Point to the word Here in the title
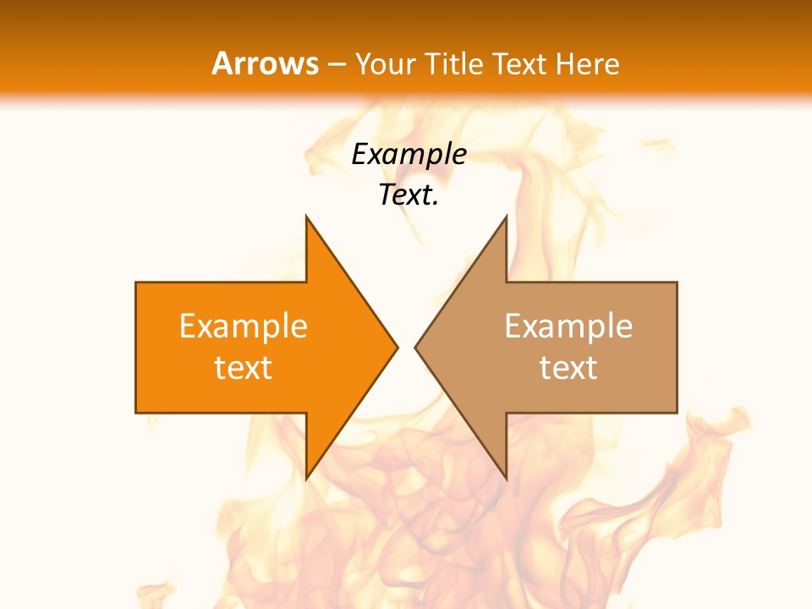(x=589, y=64)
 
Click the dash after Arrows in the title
(x=337, y=64)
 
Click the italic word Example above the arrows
(x=409, y=154)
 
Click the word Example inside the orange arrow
(x=244, y=326)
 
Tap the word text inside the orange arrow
(x=244, y=367)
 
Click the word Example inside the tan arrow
(x=568, y=326)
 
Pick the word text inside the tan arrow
(x=568, y=367)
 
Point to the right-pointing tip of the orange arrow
(x=397, y=347)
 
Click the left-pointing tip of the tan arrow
(x=415, y=347)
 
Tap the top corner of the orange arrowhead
(x=306, y=217)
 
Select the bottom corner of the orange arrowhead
(x=306, y=479)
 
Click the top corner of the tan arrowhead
(x=506, y=217)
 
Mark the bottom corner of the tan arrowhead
(x=506, y=479)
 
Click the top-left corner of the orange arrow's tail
(x=136, y=283)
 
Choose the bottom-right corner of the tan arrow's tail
(x=677, y=413)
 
